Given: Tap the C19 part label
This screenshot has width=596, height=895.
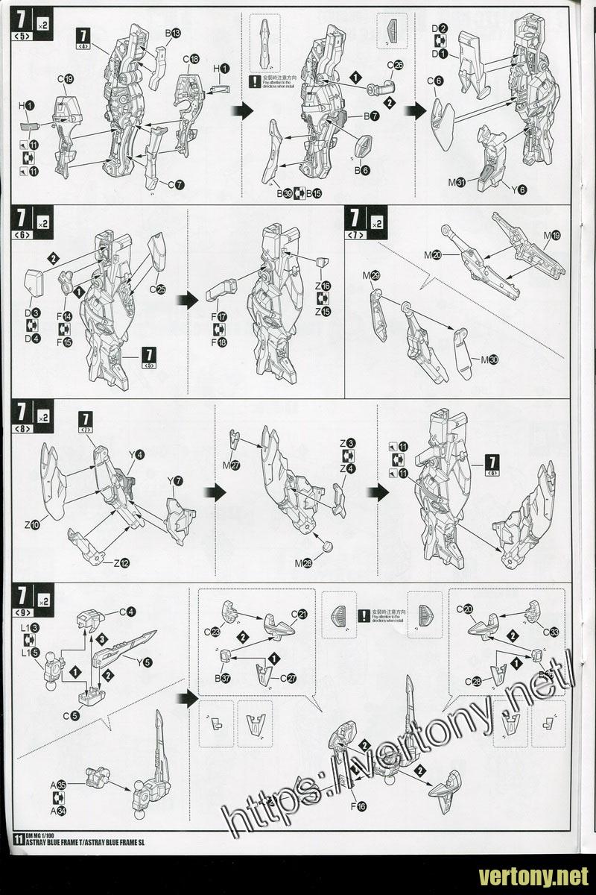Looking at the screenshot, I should (65, 78).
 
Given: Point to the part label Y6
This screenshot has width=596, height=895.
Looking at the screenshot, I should (517, 189).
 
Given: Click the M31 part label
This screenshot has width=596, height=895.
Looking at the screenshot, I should (457, 182).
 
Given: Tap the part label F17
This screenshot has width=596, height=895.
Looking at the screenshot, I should (220, 316).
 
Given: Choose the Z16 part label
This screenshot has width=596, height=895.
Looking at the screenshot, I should (323, 286).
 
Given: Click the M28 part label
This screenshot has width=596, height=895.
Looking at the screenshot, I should (303, 563).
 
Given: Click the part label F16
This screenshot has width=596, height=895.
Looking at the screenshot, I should (358, 805).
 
